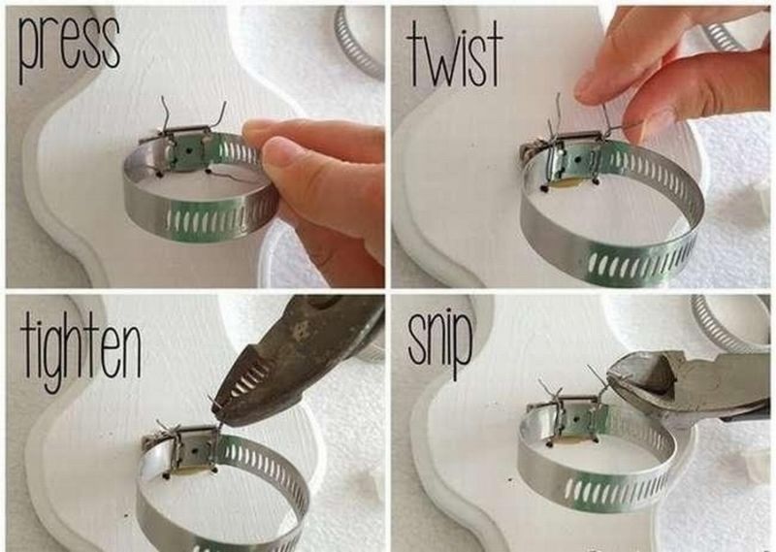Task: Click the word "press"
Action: point(69,46)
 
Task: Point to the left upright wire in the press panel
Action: point(167,114)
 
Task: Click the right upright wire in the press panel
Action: point(219,114)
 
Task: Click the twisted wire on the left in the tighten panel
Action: point(166,430)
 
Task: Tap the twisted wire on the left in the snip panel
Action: point(554,396)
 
